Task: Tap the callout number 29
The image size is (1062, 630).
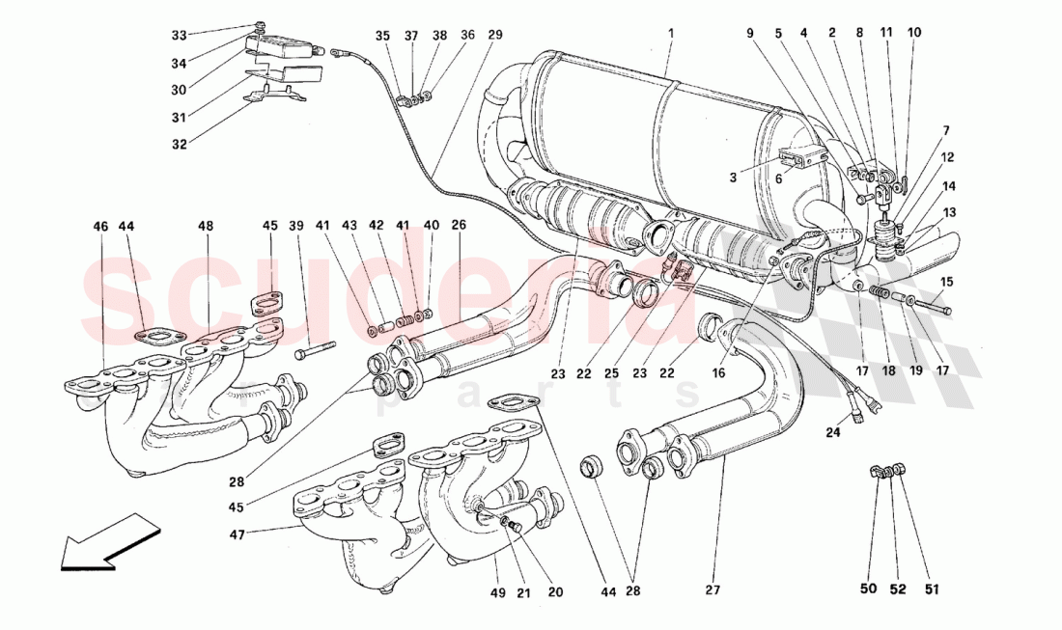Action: coord(495,35)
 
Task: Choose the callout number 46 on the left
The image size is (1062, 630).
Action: coord(101,226)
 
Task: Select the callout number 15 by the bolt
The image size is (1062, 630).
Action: coord(946,282)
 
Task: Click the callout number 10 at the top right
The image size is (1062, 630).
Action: coord(914,32)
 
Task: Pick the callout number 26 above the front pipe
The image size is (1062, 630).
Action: coord(459,226)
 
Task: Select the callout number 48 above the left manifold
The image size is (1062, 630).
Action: coord(206,226)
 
